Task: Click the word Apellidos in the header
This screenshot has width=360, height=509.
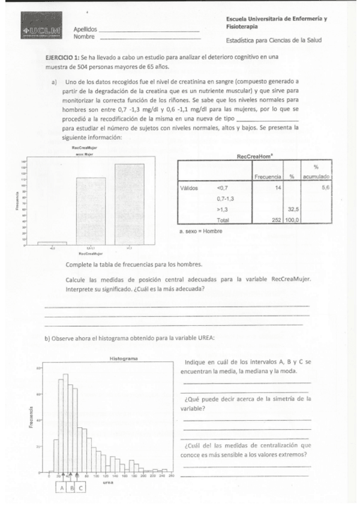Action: coord(85,29)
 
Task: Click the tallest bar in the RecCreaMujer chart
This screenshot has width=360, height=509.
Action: coord(129,204)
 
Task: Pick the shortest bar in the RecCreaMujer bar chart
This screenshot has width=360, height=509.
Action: coord(52,243)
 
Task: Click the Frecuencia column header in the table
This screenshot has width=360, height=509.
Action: coord(268,177)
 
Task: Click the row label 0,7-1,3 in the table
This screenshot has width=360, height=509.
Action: coord(226,198)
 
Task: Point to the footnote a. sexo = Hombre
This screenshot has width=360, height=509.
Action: coord(204,231)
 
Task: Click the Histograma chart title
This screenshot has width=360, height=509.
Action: coord(124,358)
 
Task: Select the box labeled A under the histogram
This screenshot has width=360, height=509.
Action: coord(61,487)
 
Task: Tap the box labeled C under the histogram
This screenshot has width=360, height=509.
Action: coord(81,487)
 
